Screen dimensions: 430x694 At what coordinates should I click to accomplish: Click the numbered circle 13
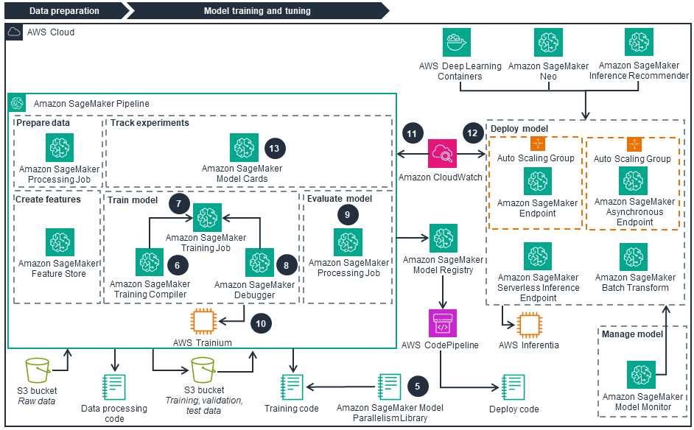(274, 148)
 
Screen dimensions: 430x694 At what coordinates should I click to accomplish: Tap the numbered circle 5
(418, 385)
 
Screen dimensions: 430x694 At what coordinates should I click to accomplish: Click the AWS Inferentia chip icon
(530, 325)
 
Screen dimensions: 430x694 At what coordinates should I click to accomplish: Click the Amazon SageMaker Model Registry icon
(443, 239)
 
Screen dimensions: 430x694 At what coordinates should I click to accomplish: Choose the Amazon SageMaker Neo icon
(547, 43)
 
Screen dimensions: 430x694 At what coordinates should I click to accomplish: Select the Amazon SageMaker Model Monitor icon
(641, 375)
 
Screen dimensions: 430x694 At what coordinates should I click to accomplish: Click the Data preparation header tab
(64, 11)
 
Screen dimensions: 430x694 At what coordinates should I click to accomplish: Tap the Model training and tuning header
(257, 11)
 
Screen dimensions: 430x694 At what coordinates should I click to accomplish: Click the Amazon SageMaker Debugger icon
(259, 263)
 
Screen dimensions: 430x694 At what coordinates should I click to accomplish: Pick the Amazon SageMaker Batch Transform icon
(634, 256)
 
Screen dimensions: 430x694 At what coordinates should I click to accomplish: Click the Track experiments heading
(150, 123)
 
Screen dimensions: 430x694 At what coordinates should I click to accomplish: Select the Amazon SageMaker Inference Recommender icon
(639, 43)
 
